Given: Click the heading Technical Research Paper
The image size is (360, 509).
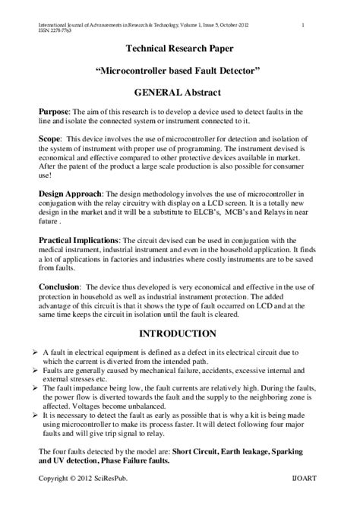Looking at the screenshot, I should click(178, 49).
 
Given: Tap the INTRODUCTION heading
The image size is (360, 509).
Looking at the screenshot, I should click(179, 334).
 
